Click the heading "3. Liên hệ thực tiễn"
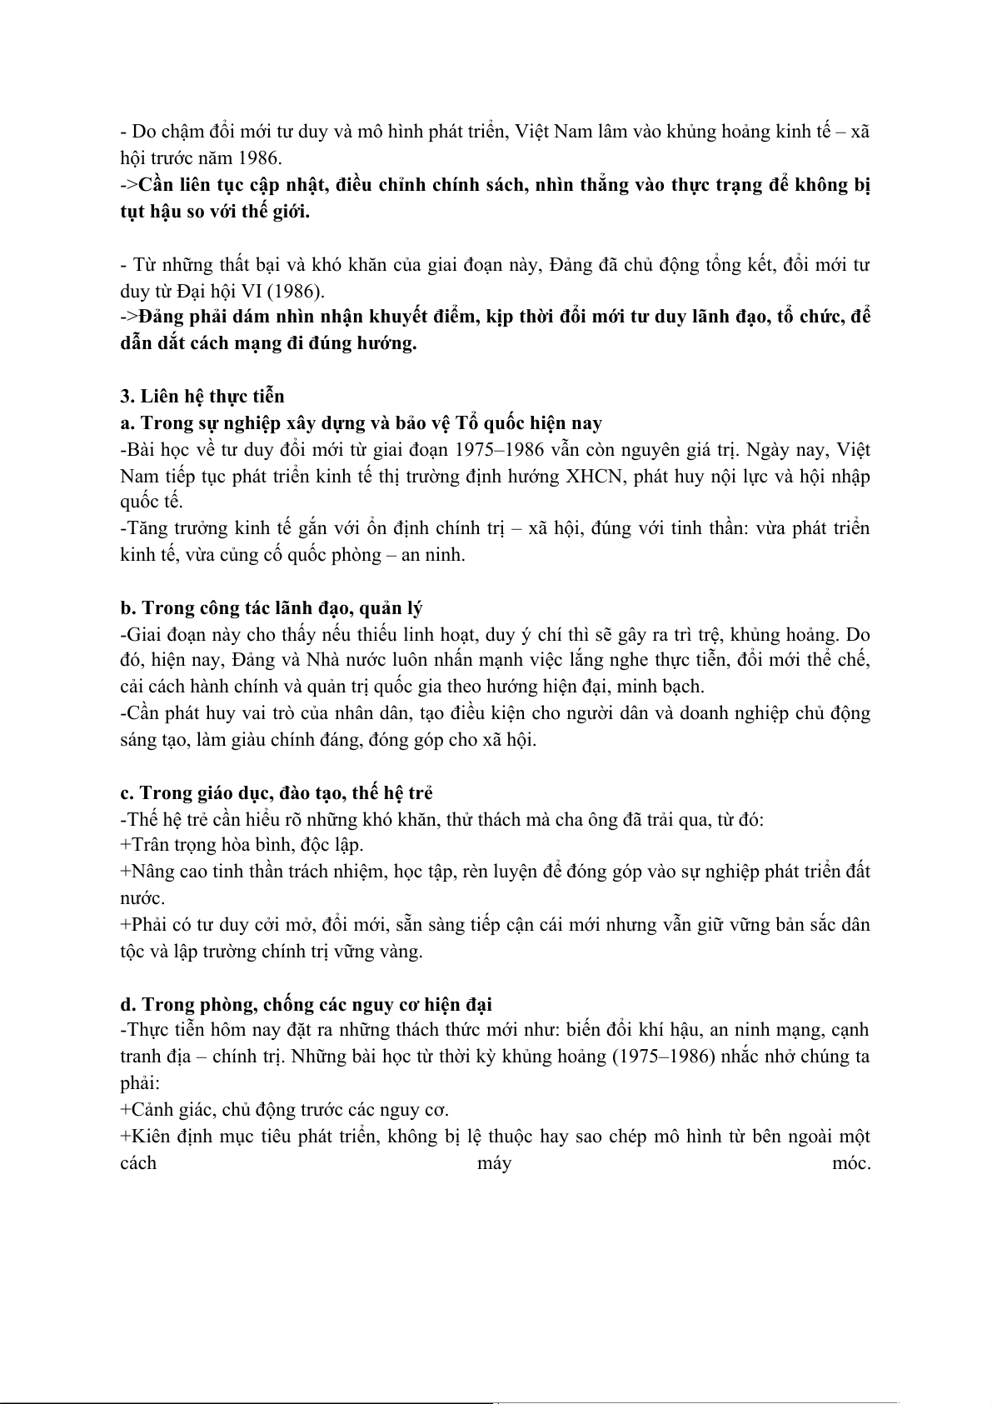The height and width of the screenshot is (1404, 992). (202, 397)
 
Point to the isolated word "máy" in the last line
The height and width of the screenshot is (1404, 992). (494, 1163)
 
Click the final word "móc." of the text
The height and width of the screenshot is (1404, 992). (850, 1163)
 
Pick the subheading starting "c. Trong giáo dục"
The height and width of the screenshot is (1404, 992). (277, 792)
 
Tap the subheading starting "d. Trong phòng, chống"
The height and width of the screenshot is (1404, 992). (307, 1005)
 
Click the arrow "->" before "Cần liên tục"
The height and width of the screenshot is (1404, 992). (129, 185)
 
